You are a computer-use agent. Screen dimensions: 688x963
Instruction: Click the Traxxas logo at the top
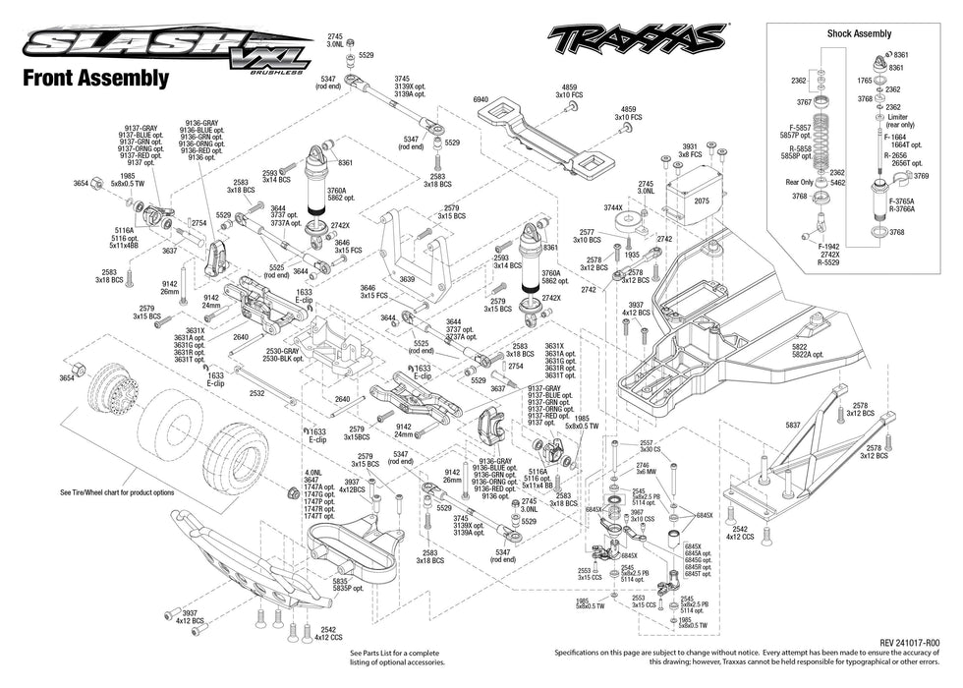636,39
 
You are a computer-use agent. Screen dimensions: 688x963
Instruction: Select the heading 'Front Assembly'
95,79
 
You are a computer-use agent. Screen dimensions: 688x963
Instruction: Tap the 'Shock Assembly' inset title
859,33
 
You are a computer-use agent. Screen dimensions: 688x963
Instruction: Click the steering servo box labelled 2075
702,200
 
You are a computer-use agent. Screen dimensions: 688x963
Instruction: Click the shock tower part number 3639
407,279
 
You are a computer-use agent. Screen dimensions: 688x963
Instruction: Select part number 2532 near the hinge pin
256,392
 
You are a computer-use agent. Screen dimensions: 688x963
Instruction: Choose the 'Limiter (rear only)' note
900,120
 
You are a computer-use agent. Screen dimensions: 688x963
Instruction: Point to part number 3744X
612,207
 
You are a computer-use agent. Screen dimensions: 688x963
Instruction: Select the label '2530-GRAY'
282,351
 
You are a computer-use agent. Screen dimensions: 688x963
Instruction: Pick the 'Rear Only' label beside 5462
800,181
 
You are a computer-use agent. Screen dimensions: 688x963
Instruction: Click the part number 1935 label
632,254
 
